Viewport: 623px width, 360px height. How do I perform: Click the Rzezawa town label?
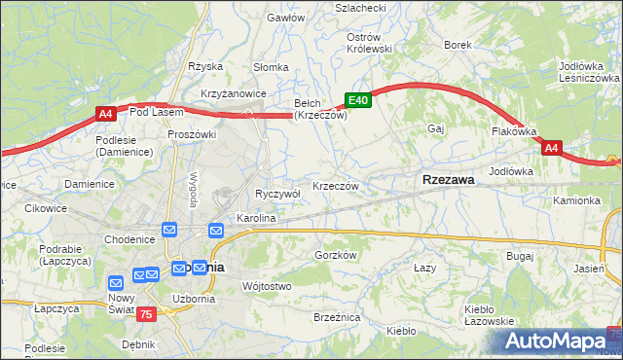(x=449, y=180)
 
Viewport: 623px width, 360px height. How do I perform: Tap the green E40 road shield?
(x=358, y=100)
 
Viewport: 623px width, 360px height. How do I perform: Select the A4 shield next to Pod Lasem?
(x=107, y=115)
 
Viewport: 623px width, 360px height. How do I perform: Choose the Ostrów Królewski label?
(x=369, y=42)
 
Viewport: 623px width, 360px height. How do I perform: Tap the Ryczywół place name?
(x=277, y=194)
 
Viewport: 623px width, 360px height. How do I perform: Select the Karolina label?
(x=256, y=219)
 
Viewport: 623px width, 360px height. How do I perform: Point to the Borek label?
(x=458, y=45)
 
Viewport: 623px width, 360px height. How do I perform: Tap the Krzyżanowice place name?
(x=234, y=91)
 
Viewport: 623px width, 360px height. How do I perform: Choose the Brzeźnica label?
(x=337, y=317)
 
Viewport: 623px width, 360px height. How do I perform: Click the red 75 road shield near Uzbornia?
(x=146, y=313)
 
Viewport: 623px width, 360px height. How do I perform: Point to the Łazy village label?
(x=423, y=267)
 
